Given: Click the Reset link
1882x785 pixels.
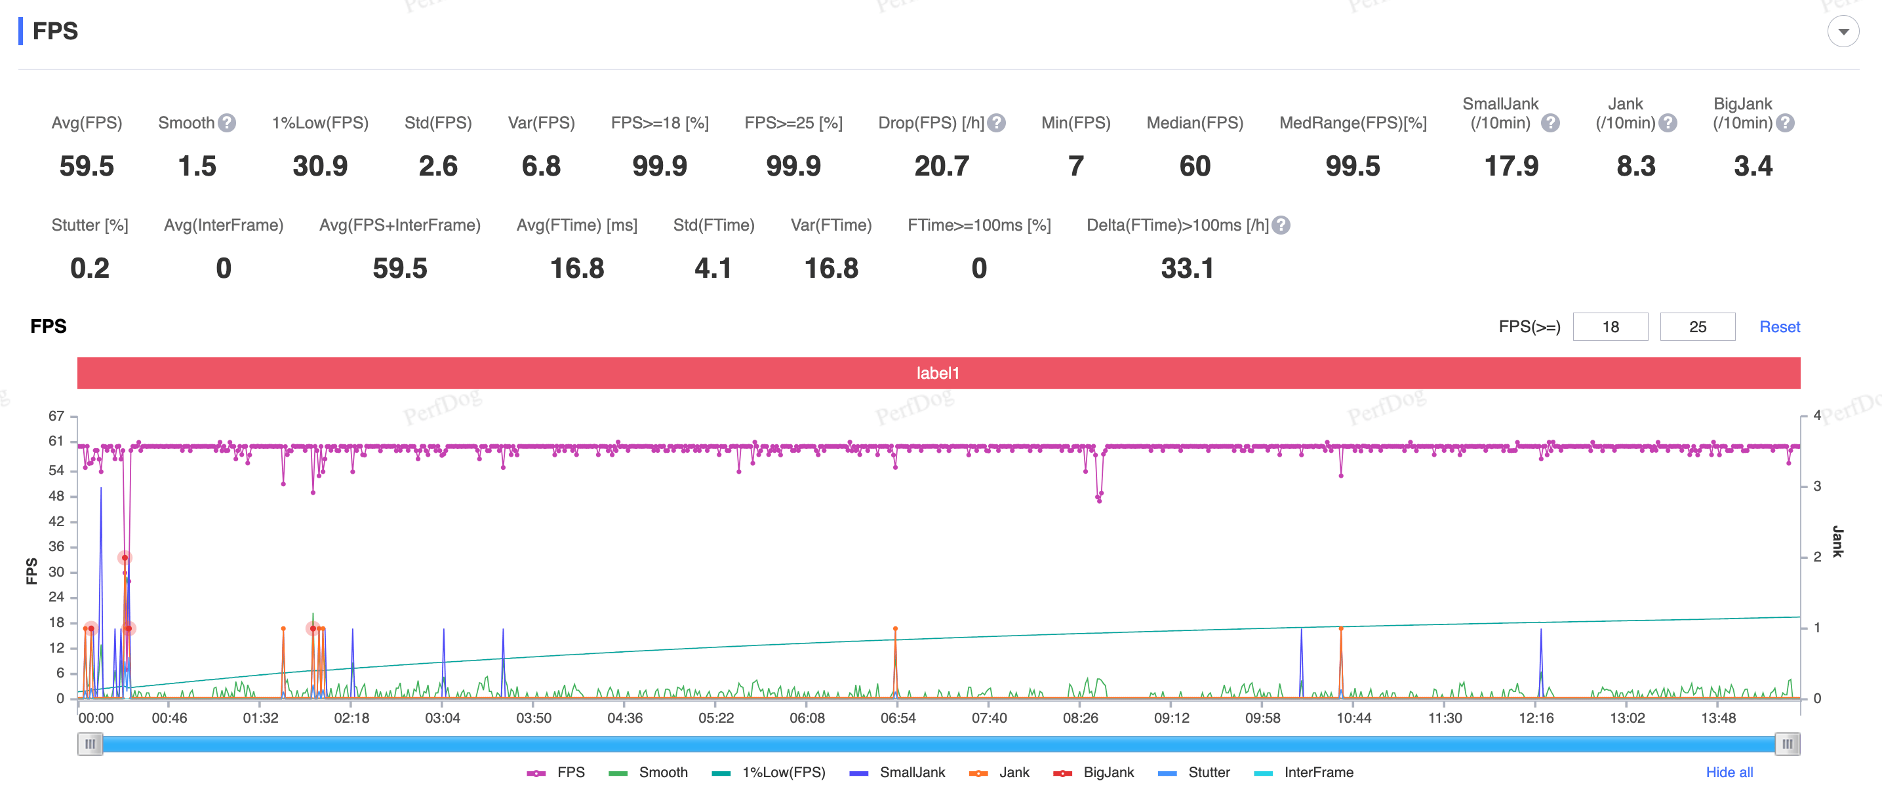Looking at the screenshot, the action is (x=1779, y=326).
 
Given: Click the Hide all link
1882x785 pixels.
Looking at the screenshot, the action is (x=1729, y=772).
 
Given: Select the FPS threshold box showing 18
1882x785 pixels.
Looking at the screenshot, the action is (x=1611, y=326).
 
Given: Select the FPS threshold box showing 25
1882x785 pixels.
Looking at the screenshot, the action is (x=1697, y=326).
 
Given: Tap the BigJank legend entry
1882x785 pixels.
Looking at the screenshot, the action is (x=1094, y=772).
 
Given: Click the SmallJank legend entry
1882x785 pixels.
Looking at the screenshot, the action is (x=897, y=772).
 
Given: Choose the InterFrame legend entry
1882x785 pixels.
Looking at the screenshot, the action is (x=1304, y=772).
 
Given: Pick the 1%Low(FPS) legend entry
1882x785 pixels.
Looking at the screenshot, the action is (x=769, y=772).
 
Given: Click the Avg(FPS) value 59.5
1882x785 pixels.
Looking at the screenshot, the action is (x=87, y=166).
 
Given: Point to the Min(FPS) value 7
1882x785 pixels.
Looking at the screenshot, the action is (x=1075, y=166).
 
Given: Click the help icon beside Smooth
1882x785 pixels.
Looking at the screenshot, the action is (x=227, y=123).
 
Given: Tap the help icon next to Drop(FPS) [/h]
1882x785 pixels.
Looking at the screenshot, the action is (x=997, y=123).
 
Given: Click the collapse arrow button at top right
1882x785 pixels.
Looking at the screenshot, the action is (x=1843, y=31).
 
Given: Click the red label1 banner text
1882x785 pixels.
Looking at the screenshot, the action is (x=938, y=373).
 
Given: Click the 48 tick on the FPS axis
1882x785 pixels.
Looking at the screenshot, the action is (x=56, y=496).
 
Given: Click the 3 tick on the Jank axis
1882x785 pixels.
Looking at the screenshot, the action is (x=1816, y=486).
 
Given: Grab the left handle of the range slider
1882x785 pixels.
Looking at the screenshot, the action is (x=90, y=744).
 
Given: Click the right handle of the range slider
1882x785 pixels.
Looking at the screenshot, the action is (x=1787, y=744).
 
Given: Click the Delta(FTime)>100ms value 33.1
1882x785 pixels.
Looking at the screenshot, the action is (x=1187, y=269).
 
